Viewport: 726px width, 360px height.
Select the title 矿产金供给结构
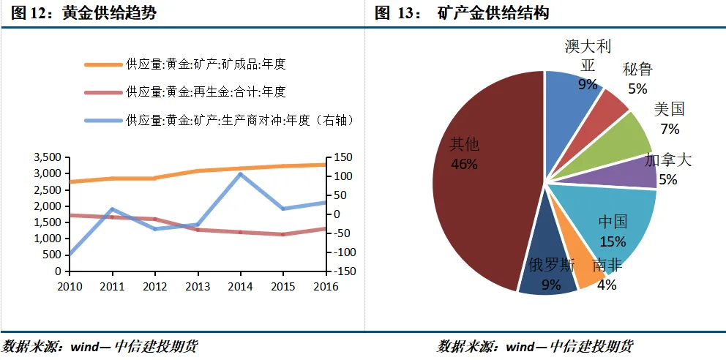point(493,13)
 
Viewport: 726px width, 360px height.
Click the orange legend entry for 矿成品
point(206,64)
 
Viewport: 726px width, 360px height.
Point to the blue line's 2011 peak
point(111,209)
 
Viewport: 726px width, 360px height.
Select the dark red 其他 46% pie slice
point(483,183)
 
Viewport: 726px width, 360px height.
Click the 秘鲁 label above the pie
point(637,70)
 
